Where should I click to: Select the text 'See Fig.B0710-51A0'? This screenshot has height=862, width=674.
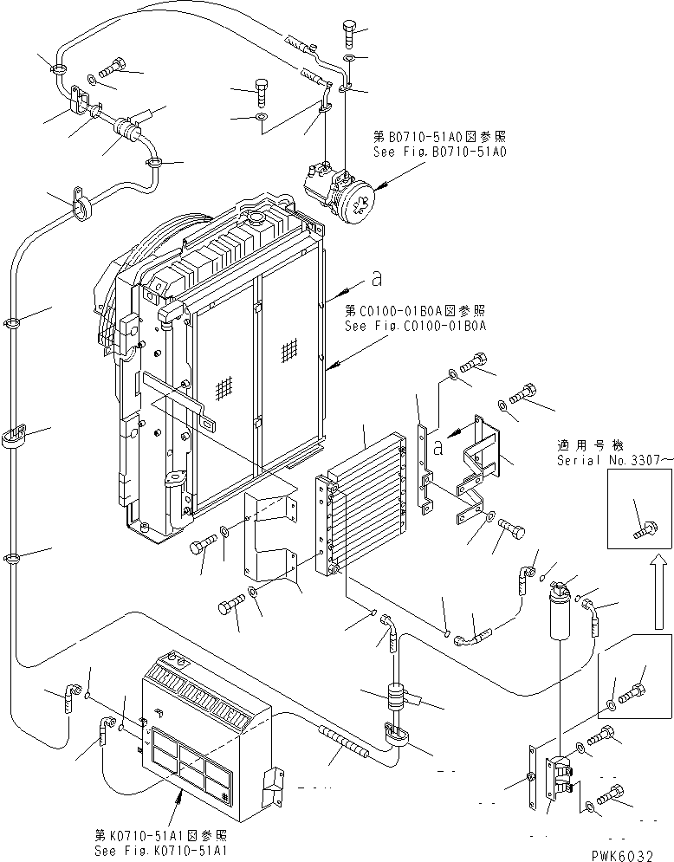(438, 151)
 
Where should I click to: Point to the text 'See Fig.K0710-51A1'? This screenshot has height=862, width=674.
(161, 850)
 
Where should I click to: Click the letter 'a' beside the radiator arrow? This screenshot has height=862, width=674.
(375, 279)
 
